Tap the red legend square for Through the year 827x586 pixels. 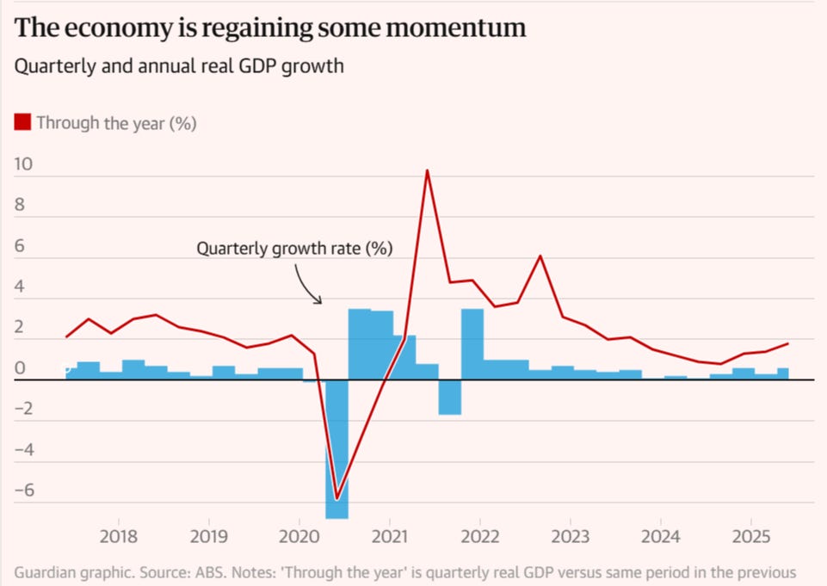click(x=23, y=122)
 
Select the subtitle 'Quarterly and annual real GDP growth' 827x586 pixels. click(x=179, y=66)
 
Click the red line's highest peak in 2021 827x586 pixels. click(x=427, y=170)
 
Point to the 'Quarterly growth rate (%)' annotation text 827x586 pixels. click(x=294, y=249)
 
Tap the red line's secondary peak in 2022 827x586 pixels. click(x=540, y=256)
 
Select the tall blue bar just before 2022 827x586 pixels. click(x=472, y=343)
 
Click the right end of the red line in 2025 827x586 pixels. click(x=787, y=344)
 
